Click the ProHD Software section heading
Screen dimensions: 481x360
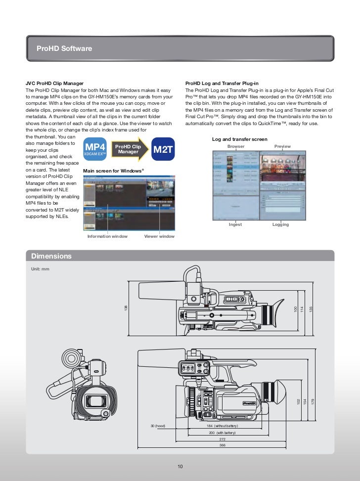click(x=64, y=48)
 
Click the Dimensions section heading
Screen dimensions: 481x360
click(x=51, y=256)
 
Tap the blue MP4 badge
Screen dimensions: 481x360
click(x=95, y=149)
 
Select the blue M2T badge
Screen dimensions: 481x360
click(x=163, y=149)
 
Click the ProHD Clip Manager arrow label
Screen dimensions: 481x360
click(x=128, y=149)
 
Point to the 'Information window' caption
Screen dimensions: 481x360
click(x=107, y=236)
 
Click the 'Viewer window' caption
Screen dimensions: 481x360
click(x=159, y=236)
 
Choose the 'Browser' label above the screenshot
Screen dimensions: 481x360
click(x=236, y=146)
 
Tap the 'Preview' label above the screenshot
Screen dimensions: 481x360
click(x=282, y=146)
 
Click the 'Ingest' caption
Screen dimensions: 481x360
click(x=235, y=224)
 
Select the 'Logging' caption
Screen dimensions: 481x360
click(x=280, y=224)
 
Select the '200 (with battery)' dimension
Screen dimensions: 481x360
click(x=223, y=432)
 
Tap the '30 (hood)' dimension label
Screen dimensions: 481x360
click(x=158, y=426)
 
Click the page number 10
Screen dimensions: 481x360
click(x=180, y=466)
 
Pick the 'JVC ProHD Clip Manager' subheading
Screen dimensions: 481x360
click(x=54, y=83)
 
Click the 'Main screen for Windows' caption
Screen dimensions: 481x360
click(x=114, y=171)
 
